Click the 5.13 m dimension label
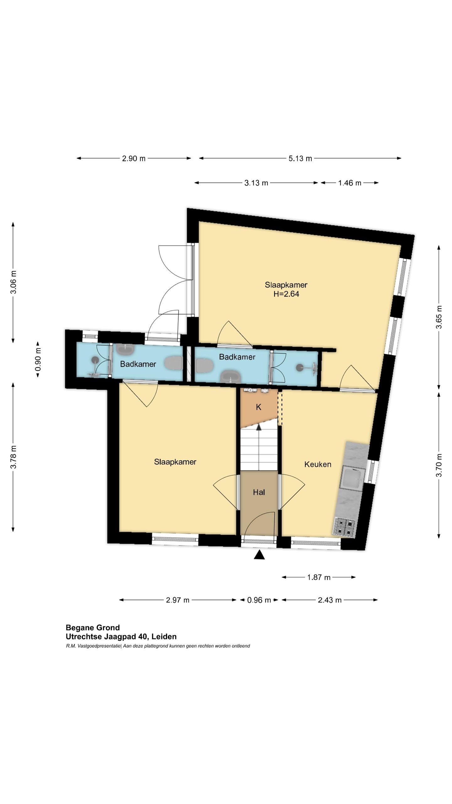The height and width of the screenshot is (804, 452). [x=300, y=158]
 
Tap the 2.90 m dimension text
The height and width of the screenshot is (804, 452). [x=134, y=158]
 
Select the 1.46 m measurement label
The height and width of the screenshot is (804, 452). [x=349, y=183]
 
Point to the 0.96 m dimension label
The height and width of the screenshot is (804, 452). [x=259, y=600]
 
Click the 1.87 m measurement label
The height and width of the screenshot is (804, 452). [x=319, y=577]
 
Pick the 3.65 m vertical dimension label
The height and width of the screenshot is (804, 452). [x=439, y=317]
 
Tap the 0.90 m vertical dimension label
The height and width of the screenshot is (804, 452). [x=38, y=360]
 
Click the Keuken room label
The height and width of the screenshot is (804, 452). [x=318, y=464]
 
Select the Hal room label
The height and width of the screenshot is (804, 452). [x=259, y=492]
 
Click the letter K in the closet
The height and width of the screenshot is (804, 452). [x=259, y=407]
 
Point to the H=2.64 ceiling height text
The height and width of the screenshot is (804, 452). [x=286, y=294]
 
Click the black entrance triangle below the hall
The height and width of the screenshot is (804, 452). [x=259, y=555]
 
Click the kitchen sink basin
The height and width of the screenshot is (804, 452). [x=353, y=478]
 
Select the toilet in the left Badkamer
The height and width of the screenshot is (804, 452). [x=174, y=363]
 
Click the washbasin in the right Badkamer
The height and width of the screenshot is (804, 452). [x=231, y=376]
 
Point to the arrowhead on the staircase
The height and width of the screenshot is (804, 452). [x=259, y=427]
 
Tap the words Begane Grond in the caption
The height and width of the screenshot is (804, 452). [x=93, y=627]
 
